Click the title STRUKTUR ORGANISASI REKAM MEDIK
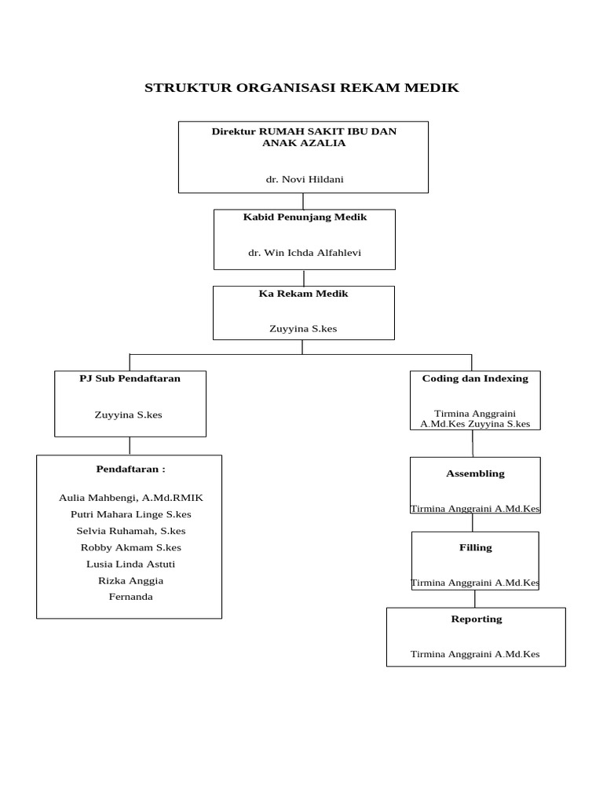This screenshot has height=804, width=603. (301, 88)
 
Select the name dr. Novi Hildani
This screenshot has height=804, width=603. (304, 179)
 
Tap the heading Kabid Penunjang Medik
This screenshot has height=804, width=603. (305, 217)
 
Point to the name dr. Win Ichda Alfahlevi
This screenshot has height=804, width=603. (305, 252)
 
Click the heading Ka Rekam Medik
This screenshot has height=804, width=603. (303, 294)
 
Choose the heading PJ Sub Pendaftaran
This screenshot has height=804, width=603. (130, 378)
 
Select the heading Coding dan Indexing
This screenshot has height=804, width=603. (475, 378)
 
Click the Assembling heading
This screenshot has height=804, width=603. (475, 473)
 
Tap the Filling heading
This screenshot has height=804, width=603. (475, 547)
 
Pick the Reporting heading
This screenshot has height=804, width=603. (476, 619)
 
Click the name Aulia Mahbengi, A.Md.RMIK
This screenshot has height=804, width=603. (130, 498)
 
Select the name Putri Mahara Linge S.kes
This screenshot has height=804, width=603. (130, 514)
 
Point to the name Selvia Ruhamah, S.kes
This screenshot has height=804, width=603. (130, 531)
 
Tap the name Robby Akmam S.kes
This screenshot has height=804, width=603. (130, 547)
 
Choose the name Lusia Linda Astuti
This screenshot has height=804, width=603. (130, 564)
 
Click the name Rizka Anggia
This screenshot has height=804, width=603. (130, 580)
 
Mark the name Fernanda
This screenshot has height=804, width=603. (130, 597)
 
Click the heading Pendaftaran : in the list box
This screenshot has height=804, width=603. (130, 469)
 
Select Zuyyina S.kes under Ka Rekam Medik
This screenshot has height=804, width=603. (303, 328)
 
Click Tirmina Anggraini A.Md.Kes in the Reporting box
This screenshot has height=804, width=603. (475, 654)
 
